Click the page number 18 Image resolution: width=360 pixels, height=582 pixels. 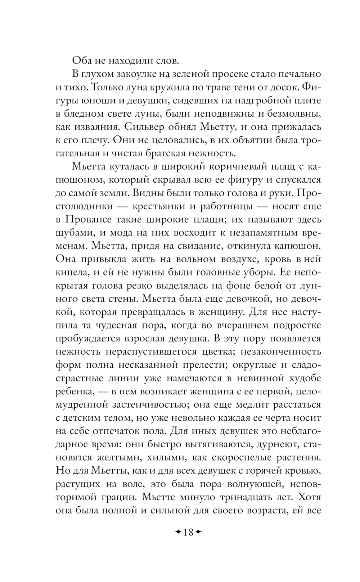click(x=188, y=532)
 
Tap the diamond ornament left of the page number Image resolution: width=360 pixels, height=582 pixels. click(x=178, y=532)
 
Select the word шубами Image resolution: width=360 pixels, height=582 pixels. click(x=71, y=233)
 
